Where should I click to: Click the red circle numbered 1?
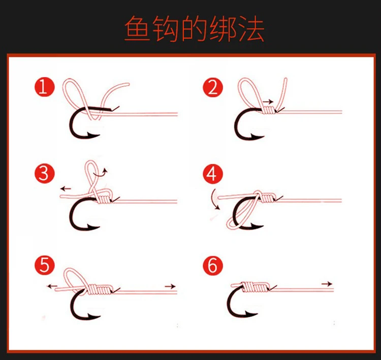tap(45, 87)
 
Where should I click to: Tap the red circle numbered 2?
tap(213, 87)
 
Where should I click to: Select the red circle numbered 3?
tap(45, 174)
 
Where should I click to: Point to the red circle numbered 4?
tap(213, 174)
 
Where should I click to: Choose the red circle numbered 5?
tap(45, 265)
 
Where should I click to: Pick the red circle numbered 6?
tap(213, 265)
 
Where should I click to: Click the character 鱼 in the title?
tap(137, 28)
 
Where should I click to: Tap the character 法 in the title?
tap(251, 28)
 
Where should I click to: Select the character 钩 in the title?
tap(165, 28)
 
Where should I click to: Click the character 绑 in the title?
tap(223, 28)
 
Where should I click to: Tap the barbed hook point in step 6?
tap(251, 314)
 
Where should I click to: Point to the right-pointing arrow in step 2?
tap(268, 102)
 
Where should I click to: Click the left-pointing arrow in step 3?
tap(66, 188)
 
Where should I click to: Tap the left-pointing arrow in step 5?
tap(52, 286)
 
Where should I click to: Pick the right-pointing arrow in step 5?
tap(170, 286)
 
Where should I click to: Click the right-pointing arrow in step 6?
tap(327, 284)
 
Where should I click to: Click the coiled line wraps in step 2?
tap(269, 110)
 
